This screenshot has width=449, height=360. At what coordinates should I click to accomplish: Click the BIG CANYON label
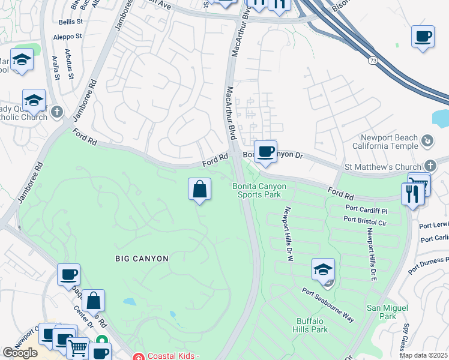(x=142, y=258)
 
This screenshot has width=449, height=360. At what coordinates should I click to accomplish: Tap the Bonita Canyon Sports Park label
(x=259, y=190)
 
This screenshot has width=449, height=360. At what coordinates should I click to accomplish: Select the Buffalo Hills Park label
(x=310, y=325)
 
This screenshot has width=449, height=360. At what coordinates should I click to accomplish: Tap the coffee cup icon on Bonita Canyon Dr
(x=265, y=151)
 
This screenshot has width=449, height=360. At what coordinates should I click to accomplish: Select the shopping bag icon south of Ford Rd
(x=199, y=190)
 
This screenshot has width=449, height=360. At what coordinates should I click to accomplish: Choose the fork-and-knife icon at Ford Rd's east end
(x=412, y=194)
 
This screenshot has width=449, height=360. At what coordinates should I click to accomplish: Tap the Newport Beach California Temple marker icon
(x=427, y=141)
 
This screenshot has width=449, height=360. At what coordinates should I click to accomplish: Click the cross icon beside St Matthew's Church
(x=430, y=166)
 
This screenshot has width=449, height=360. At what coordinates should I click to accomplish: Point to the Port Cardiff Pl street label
(x=367, y=211)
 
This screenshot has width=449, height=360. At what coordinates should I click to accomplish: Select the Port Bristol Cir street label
(x=365, y=223)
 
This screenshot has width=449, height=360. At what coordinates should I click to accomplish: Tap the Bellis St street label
(x=71, y=22)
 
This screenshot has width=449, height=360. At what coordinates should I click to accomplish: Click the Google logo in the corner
(x=20, y=353)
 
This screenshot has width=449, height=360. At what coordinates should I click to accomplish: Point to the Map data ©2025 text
(x=424, y=355)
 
